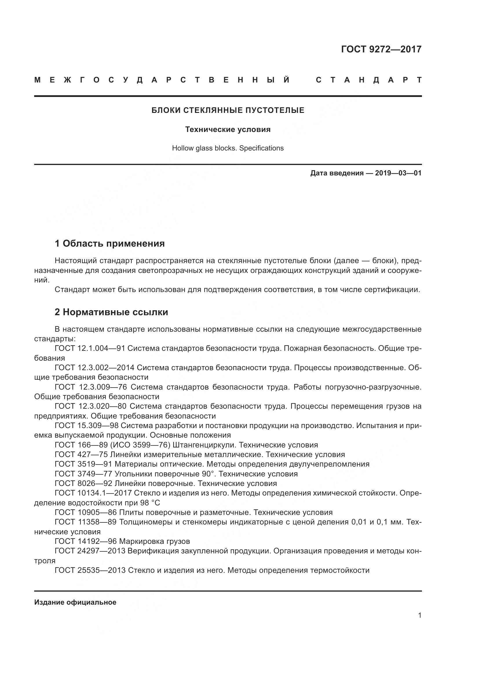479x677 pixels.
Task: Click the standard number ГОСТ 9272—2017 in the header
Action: pos(381,49)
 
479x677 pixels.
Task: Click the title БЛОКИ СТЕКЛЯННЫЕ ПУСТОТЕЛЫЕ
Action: pos(228,110)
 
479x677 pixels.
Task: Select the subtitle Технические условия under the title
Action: pos(228,129)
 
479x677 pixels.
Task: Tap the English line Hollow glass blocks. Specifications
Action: pos(228,148)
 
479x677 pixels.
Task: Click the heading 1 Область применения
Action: pos(109,243)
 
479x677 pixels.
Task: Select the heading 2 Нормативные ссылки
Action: pos(111,312)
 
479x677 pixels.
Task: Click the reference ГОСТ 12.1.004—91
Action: pos(90,348)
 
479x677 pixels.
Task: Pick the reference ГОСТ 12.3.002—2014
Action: pos(94,368)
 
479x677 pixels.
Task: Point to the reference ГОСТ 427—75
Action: pos(81,455)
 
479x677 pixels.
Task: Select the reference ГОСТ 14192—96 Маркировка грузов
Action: pos(122,541)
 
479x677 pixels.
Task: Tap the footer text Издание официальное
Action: pos(75,602)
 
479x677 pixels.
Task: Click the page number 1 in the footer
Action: pos(420,615)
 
